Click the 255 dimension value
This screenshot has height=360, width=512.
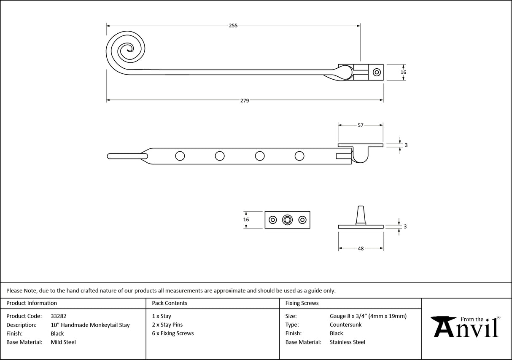pyautogui.click(x=233, y=26)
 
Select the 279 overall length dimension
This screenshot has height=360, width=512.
pyautogui.click(x=245, y=100)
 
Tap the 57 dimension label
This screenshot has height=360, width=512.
pyautogui.click(x=361, y=125)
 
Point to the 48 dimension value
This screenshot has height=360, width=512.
pyautogui.click(x=361, y=249)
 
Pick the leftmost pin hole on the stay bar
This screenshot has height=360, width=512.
pyautogui.click(x=180, y=156)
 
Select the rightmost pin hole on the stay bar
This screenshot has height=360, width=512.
pyautogui.click(x=299, y=156)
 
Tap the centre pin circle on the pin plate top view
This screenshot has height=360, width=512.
pyautogui.click(x=288, y=220)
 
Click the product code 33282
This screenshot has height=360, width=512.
pyautogui.click(x=58, y=316)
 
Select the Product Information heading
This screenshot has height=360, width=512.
pyautogui.click(x=32, y=303)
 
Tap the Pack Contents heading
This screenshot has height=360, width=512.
pyautogui.click(x=170, y=303)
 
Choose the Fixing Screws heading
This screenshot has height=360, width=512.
pyautogui.click(x=302, y=303)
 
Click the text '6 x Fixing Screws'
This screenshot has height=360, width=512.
pyautogui.click(x=173, y=333)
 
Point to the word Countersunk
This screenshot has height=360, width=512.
pyautogui.click(x=345, y=325)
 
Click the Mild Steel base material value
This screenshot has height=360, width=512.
pyautogui.click(x=63, y=342)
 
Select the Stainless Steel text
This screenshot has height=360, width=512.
pyautogui.click(x=348, y=342)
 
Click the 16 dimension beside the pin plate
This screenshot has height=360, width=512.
pyautogui.click(x=246, y=220)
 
